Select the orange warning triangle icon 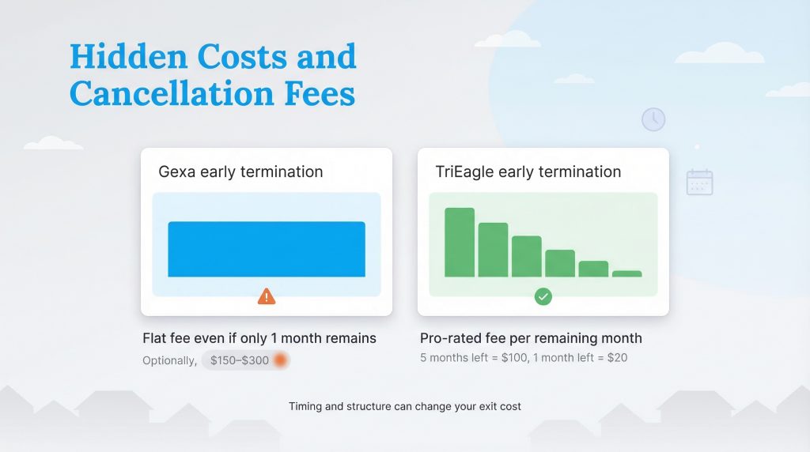[267, 296]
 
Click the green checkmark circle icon [543, 296]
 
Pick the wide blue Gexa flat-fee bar [267, 249]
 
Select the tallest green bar [460, 242]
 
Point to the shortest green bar [626, 273]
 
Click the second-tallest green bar [493, 250]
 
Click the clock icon [653, 119]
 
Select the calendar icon [699, 182]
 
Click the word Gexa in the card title [177, 171]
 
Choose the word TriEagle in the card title [462, 171]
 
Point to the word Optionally [169, 360]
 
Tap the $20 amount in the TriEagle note [616, 358]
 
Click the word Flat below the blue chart [155, 338]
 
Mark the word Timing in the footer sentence [307, 407]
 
